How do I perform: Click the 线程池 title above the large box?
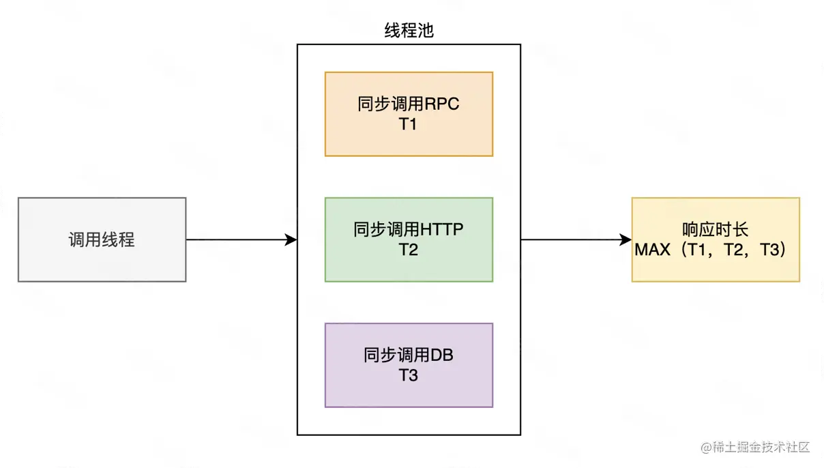(409, 31)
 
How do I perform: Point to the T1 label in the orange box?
(408, 124)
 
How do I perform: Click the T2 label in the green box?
(408, 250)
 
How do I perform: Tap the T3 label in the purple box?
(408, 375)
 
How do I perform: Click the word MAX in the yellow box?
(652, 250)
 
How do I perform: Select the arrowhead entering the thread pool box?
(291, 239)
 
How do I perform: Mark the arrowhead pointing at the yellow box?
(626, 239)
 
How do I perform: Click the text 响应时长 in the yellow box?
(715, 230)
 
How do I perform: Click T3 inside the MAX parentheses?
(769, 250)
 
